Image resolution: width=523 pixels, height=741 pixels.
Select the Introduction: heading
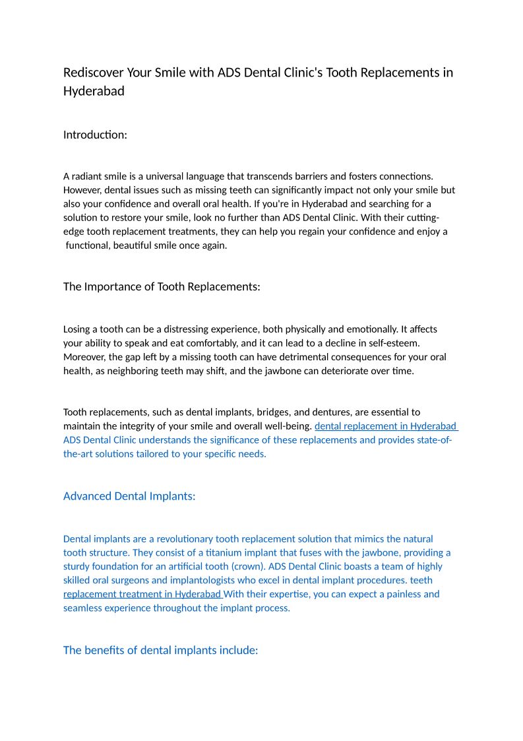click(95, 135)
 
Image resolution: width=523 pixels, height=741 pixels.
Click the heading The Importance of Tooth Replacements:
click(162, 286)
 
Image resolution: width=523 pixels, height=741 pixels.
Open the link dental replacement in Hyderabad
click(385, 426)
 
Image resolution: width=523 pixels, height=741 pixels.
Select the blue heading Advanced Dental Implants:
click(129, 496)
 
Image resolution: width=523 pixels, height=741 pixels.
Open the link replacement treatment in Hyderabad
click(142, 595)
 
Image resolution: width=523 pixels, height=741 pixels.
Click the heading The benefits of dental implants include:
click(160, 650)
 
